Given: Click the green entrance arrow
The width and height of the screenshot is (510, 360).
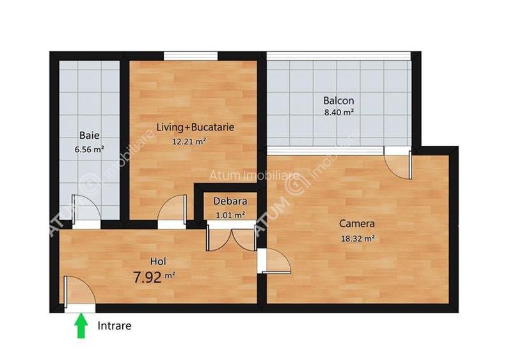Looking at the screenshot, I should (81, 327).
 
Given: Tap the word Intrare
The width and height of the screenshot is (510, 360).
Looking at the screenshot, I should (115, 326).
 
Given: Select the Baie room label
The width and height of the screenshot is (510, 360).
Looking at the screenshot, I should (90, 136).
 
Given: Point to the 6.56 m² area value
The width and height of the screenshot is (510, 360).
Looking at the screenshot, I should (89, 150).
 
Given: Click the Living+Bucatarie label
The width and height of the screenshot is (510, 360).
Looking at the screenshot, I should (195, 127).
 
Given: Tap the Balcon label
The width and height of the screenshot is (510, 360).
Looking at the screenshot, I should (339, 100).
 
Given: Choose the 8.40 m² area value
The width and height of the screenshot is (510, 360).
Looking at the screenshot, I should (339, 113).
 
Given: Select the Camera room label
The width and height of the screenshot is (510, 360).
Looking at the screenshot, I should (356, 224).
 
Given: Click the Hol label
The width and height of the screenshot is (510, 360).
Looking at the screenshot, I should (157, 261).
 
